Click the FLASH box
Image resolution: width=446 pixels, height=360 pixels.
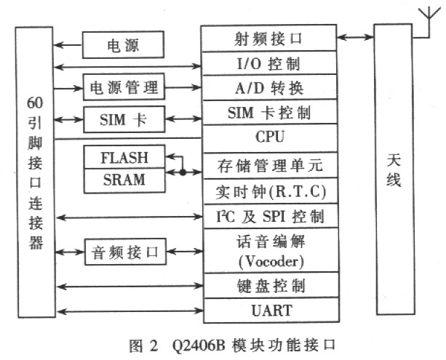pos(124,157)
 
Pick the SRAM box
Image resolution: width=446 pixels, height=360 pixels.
pos(124,179)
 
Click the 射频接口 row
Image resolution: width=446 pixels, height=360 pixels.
pos(268,36)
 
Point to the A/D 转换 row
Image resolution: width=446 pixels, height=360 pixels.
pos(268,88)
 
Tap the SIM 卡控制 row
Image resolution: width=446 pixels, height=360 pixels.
pos(268,113)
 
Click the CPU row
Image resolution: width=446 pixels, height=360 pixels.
pos(268,137)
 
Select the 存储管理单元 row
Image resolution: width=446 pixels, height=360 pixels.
pos(268,166)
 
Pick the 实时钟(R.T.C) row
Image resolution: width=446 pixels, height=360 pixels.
pos(268,191)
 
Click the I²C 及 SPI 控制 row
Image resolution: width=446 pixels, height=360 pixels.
pos(268,216)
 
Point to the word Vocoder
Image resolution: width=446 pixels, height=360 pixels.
pos(268,258)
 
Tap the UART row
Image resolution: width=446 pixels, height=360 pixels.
pos(268,311)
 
